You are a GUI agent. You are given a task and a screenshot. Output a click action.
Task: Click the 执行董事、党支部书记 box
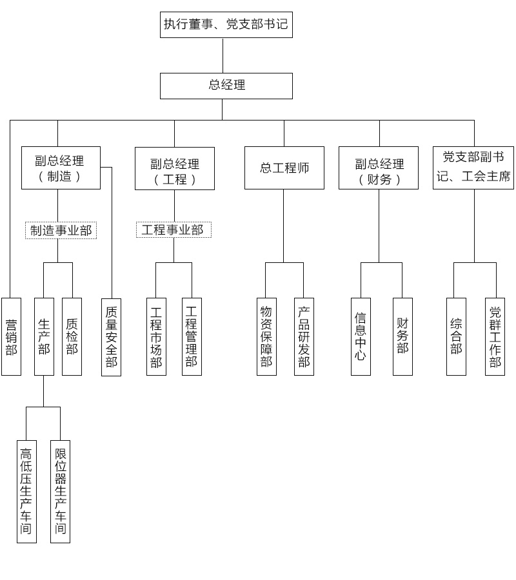(x=226, y=25)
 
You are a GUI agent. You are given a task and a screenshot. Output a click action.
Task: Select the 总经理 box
(x=226, y=86)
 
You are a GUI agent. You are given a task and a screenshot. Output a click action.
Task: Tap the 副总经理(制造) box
(x=61, y=168)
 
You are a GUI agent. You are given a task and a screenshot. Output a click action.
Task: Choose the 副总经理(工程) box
(x=174, y=169)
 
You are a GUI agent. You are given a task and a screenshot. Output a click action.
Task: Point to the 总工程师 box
(x=284, y=168)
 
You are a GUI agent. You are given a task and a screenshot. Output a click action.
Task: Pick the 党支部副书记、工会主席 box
(x=473, y=168)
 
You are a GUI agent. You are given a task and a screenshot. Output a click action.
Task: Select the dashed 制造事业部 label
(x=61, y=230)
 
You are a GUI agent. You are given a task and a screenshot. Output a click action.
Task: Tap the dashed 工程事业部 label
(x=173, y=230)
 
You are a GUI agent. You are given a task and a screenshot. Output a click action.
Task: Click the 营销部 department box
(x=11, y=336)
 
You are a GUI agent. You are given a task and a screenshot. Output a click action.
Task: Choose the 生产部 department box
(x=44, y=336)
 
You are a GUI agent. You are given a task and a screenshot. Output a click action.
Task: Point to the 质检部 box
(x=72, y=336)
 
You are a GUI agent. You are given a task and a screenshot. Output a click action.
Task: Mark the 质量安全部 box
(x=111, y=336)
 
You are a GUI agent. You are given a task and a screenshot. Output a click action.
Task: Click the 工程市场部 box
(x=156, y=336)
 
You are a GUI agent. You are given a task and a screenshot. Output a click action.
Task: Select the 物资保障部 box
(x=266, y=336)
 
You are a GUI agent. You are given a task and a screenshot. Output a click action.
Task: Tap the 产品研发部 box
(x=304, y=336)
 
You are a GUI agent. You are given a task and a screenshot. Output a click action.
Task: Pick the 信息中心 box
(x=361, y=336)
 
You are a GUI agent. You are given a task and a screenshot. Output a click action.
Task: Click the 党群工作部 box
(x=495, y=336)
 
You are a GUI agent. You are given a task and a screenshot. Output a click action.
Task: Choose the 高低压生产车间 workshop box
(x=26, y=491)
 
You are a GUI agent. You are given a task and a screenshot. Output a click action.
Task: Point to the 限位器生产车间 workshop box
(x=60, y=491)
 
